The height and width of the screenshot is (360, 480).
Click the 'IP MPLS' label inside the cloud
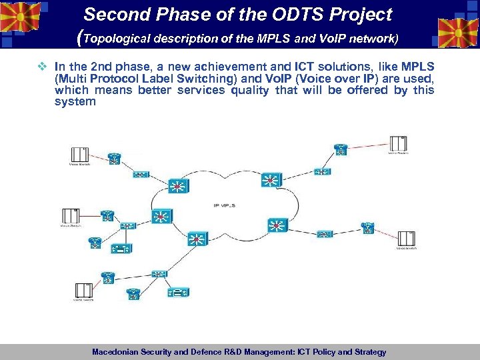click(x=223, y=205)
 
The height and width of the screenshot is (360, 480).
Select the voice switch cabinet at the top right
click(x=398, y=143)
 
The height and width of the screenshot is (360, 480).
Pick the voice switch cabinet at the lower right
click(x=406, y=239)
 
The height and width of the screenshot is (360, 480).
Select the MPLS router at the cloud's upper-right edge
click(x=270, y=179)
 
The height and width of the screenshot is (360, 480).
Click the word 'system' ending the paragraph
click(x=75, y=102)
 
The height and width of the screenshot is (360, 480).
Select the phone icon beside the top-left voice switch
click(x=114, y=160)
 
